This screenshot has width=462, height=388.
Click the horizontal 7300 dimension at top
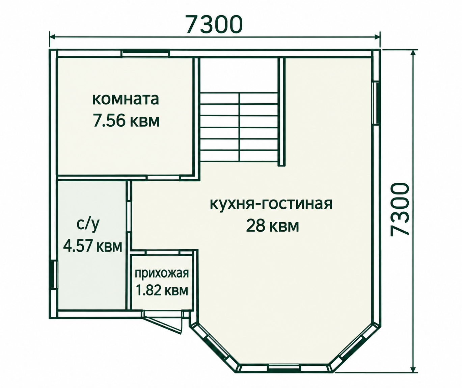(214, 24)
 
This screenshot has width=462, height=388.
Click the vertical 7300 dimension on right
(399, 210)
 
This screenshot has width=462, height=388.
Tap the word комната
(126, 99)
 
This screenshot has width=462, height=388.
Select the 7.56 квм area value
(126, 121)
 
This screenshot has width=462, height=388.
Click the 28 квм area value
(272, 226)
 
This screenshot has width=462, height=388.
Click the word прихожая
(162, 274)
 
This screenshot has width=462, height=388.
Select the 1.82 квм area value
(162, 290)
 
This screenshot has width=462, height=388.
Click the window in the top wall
(145, 53)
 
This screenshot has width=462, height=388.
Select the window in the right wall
(376, 103)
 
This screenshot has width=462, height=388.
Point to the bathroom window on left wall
(54, 275)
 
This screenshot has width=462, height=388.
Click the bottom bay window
(284, 368)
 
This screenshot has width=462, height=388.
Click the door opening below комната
(164, 178)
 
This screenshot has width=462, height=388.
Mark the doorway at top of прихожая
(163, 252)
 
